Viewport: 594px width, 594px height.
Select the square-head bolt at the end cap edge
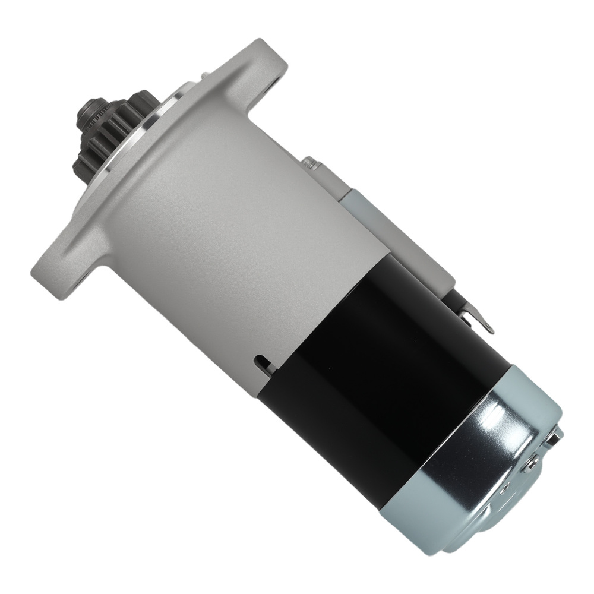[x=555, y=437]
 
